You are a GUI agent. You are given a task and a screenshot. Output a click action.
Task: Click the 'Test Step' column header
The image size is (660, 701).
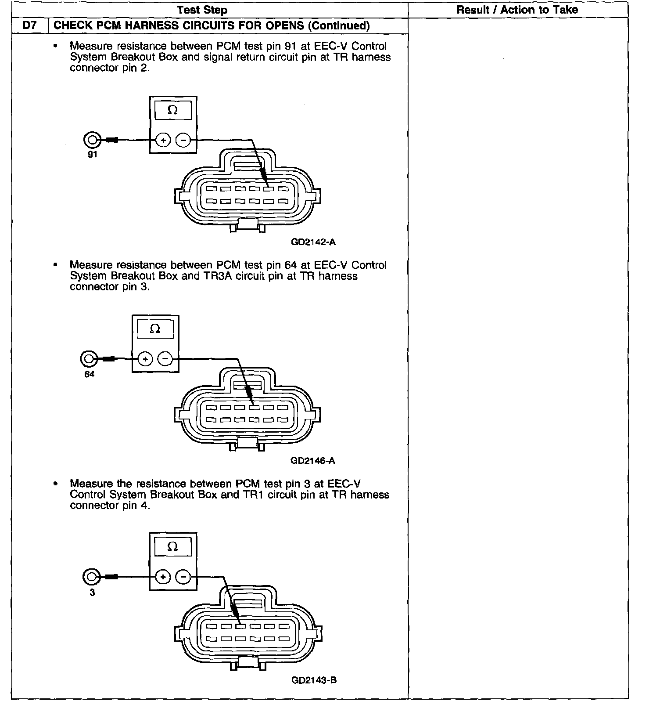tap(202, 10)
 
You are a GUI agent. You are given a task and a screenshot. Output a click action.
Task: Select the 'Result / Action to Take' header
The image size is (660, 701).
tap(517, 10)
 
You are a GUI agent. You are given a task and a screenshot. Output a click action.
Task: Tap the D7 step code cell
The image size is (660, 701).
tap(30, 25)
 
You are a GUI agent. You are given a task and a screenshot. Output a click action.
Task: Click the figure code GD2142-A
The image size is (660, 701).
tap(313, 242)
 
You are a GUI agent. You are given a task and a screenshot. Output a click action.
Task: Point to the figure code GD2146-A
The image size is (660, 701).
tap(313, 461)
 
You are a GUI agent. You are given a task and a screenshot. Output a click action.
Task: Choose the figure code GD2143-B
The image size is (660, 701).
tap(314, 680)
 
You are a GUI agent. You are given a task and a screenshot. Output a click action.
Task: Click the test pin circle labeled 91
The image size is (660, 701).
tap(92, 140)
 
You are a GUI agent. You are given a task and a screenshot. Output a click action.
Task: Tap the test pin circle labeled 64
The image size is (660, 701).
tap(89, 359)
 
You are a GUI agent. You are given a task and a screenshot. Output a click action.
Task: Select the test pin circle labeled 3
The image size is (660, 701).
tap(91, 577)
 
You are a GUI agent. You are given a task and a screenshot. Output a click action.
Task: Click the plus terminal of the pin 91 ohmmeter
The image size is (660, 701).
tap(163, 141)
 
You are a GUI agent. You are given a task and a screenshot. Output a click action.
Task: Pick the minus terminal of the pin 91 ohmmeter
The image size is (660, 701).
tap(183, 141)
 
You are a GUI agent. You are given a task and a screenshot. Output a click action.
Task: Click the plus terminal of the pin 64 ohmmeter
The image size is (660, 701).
tap(145, 359)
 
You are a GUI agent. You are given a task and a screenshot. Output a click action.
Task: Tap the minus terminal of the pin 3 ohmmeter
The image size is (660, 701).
tap(183, 577)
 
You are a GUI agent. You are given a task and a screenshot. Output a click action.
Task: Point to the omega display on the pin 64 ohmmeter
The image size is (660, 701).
tap(155, 329)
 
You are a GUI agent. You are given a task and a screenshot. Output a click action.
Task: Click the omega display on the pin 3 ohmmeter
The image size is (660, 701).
tap(172, 546)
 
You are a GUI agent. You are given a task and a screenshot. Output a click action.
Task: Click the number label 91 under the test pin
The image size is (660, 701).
tap(92, 155)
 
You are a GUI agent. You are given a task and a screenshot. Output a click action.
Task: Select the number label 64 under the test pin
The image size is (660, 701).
tap(89, 374)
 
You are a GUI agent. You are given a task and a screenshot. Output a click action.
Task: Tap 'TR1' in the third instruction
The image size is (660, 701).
tap(253, 495)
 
